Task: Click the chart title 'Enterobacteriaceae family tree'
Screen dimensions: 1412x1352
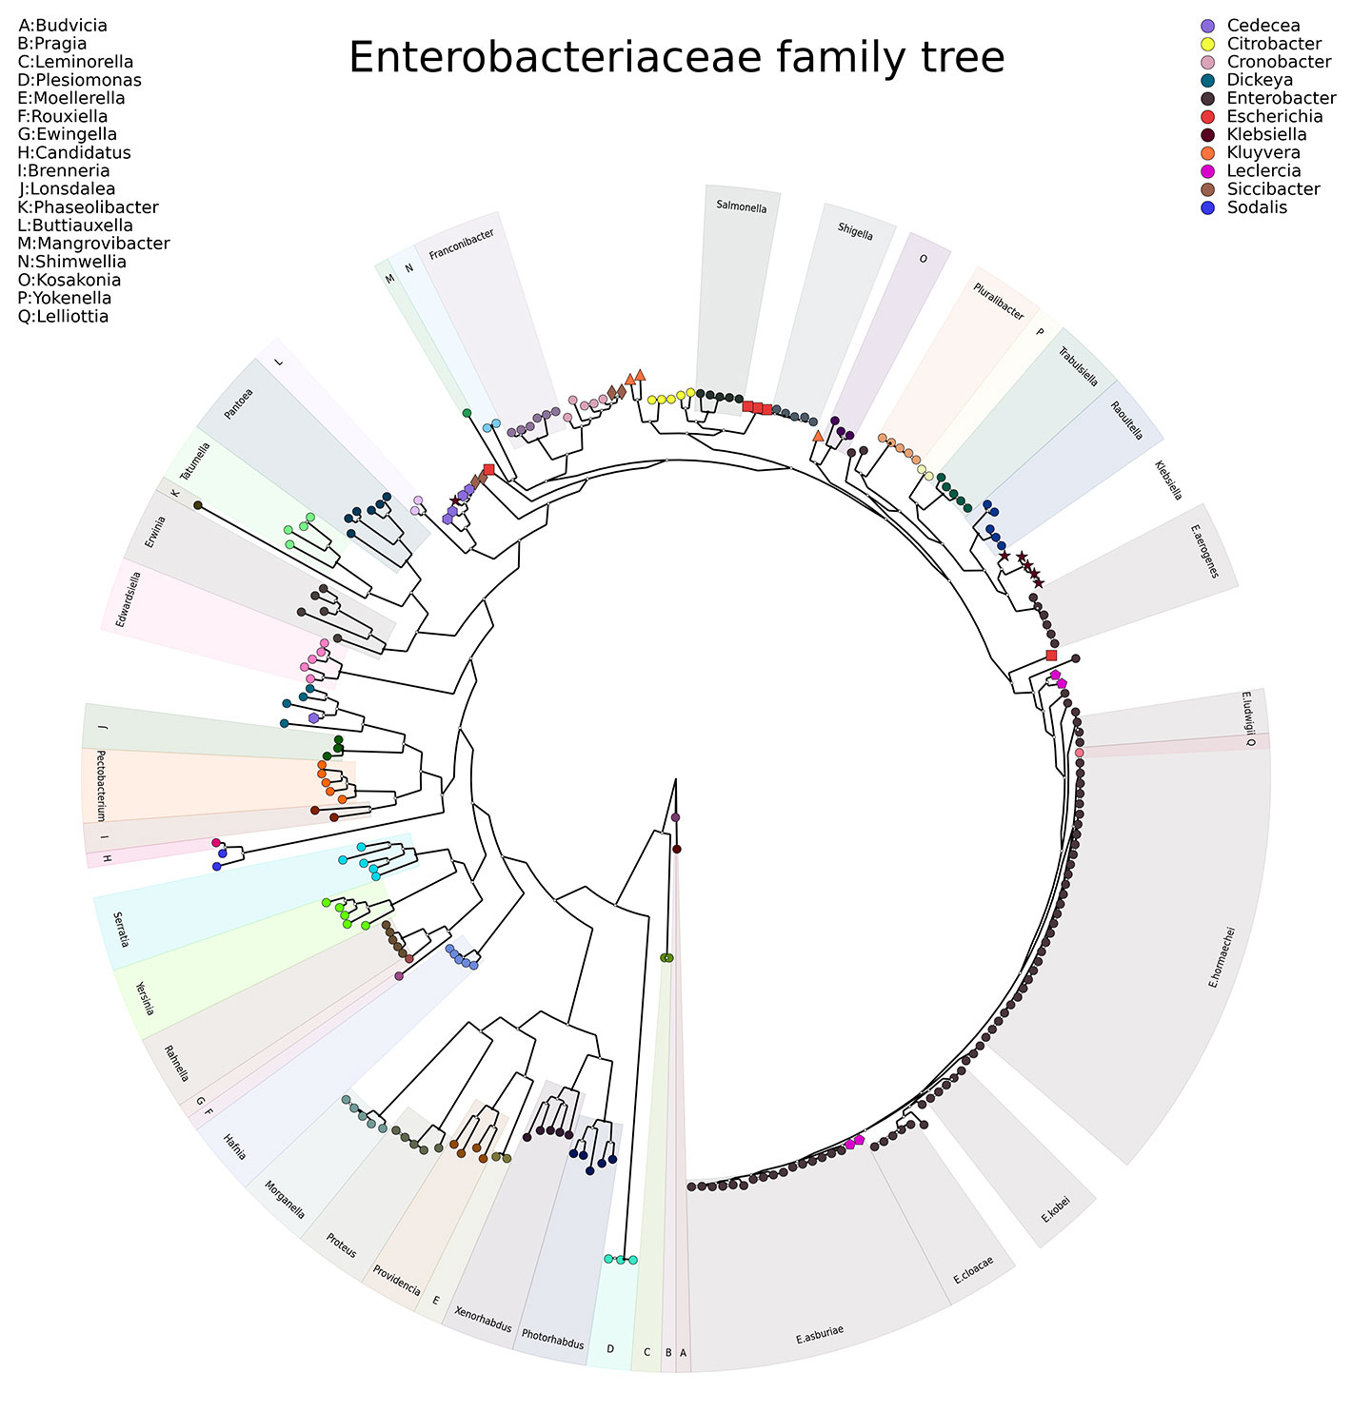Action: point(676,58)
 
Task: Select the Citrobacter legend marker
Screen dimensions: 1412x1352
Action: point(1207,44)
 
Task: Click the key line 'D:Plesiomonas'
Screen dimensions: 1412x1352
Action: point(80,80)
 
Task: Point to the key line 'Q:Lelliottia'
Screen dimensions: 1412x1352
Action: point(64,317)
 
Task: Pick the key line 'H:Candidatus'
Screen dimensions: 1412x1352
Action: point(74,153)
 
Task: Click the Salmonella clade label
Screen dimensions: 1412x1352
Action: point(742,206)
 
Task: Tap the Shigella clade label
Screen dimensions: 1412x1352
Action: point(855,231)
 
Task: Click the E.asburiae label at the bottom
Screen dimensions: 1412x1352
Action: point(820,1334)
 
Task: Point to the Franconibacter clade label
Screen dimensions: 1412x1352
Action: point(462,244)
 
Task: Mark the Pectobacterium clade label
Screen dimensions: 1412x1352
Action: point(99,786)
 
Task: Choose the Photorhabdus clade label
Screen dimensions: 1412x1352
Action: point(553,1340)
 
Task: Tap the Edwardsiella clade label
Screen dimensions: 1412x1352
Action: point(129,599)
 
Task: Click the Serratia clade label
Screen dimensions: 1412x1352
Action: point(120,930)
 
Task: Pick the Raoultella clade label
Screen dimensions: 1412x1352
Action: point(1126,420)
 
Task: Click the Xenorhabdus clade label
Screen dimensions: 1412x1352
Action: point(483,1319)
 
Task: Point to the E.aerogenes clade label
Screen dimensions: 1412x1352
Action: point(1203,550)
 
